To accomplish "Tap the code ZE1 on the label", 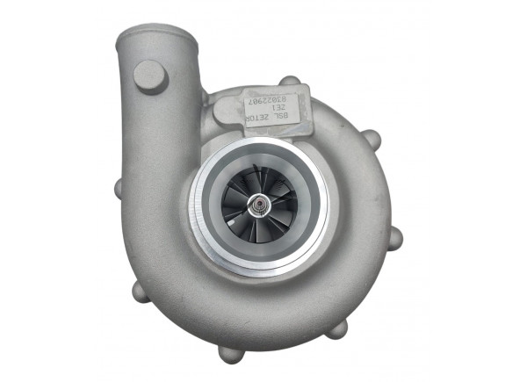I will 275,112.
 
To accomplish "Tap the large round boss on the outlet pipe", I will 150,76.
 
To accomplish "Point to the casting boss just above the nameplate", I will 289,82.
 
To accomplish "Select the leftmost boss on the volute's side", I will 119,188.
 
